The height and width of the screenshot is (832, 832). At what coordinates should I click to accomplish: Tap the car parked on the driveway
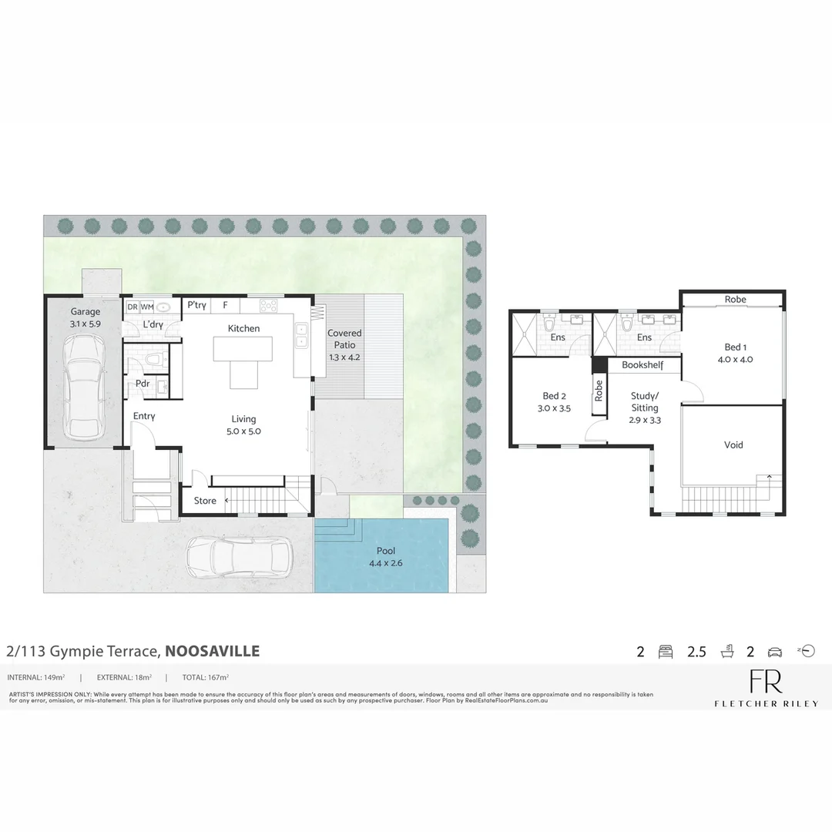point(240,555)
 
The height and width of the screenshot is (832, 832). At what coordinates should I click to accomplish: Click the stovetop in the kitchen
point(268,306)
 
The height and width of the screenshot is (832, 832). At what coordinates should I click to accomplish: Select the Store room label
point(205,501)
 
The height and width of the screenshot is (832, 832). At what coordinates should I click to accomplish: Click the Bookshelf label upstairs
point(642,364)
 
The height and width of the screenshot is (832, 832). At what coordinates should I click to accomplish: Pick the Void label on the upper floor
point(733,445)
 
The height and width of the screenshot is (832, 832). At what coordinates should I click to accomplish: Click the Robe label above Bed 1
point(735,299)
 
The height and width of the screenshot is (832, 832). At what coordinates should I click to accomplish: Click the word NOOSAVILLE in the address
point(213,651)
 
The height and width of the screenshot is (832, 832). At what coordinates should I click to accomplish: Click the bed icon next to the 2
point(665,653)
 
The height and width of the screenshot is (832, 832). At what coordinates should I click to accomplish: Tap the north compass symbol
point(806,651)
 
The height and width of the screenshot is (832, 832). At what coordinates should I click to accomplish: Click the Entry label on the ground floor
point(144,416)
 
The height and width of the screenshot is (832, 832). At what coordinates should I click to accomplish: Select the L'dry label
point(153,325)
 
